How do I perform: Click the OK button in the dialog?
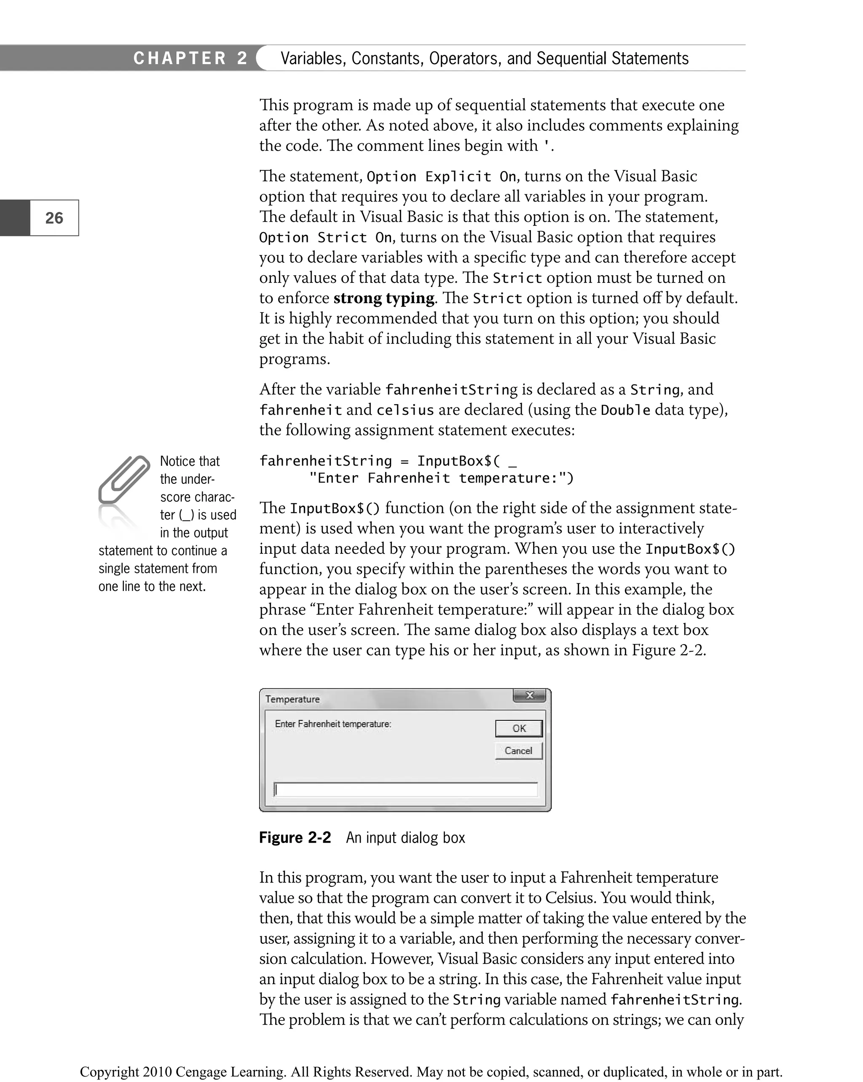click(x=518, y=728)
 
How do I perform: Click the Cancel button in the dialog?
click(x=518, y=751)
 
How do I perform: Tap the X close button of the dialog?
click(x=529, y=695)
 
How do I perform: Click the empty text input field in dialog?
click(x=405, y=789)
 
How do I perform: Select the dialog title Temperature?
click(x=292, y=699)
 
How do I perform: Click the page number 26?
click(x=54, y=218)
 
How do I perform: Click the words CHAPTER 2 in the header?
click(x=190, y=58)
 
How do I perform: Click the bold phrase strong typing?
click(x=384, y=298)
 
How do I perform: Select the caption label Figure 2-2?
click(x=295, y=838)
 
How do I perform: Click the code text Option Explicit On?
click(x=441, y=177)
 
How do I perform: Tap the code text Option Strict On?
click(x=325, y=237)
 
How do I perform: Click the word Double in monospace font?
click(x=625, y=410)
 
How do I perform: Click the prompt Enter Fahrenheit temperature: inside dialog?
click(x=332, y=724)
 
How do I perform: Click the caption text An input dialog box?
click(x=405, y=838)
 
